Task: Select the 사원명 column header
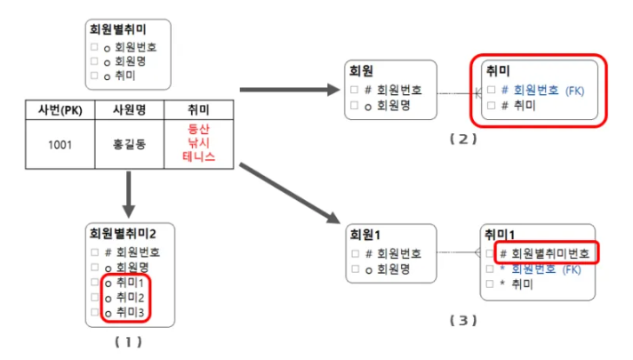point(130,110)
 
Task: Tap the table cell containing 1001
point(60,144)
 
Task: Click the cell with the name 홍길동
point(130,144)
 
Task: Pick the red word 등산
point(198,130)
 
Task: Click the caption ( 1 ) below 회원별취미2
point(128,340)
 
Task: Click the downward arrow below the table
point(130,195)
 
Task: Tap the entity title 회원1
point(365,236)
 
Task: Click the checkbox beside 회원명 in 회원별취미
point(94,61)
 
